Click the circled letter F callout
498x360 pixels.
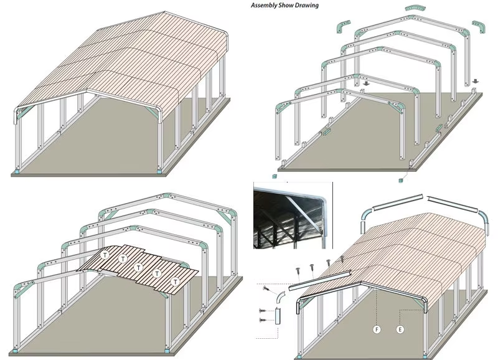pos(377,329)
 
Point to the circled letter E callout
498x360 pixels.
pos(400,329)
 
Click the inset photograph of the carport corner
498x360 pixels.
pos(293,216)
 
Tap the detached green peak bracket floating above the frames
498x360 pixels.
pos(415,9)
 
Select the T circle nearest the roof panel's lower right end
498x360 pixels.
pos(175,282)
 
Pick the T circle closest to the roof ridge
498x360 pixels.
pos(105,255)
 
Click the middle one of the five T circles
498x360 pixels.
pos(138,268)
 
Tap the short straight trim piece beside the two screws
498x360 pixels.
pos(278,316)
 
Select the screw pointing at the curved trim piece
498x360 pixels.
pos(266,289)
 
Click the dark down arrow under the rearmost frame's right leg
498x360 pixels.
pos(475,81)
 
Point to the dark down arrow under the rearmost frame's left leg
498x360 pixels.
pos(367,83)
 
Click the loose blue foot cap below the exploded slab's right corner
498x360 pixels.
pos(401,181)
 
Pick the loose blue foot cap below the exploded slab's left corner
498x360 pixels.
pos(275,176)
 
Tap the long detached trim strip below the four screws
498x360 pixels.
pos(320,280)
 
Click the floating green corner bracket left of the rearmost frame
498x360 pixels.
pos(343,26)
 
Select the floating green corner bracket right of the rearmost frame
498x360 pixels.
pos(479,27)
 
